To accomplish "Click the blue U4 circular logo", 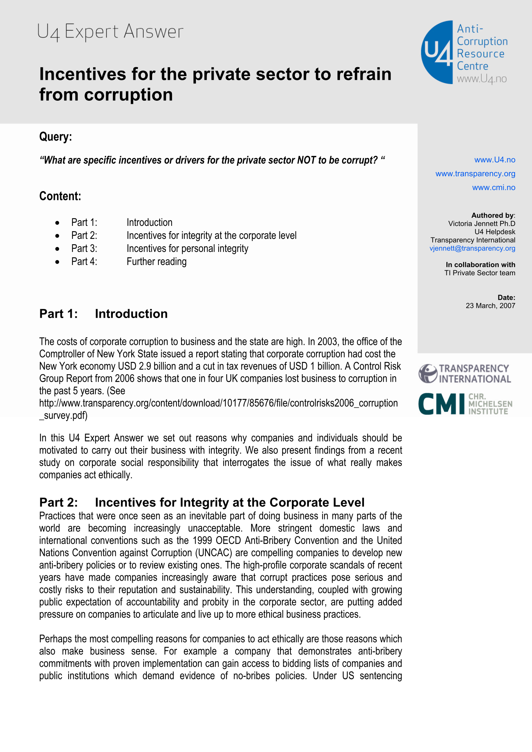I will pos(437,52).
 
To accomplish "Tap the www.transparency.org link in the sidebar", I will pos(475,174).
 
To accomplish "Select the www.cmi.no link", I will pos(493,187).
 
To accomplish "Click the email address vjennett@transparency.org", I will pos(472,248).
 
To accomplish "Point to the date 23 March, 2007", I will pos(490,306).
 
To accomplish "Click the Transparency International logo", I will pos(464,374).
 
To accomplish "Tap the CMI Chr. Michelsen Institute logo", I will pos(465,404).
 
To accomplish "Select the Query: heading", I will pos(56,136).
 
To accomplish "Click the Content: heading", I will pos(60,196).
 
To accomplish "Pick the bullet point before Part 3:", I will pos(57,249).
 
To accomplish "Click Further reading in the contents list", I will pos(156,262).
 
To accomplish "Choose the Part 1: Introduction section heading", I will pos(103,314).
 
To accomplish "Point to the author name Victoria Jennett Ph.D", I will pos(481,224).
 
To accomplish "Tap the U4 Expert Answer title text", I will pos(110,32).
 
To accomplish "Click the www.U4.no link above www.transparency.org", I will pos(495,160).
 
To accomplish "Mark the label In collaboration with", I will pos(480,265).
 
